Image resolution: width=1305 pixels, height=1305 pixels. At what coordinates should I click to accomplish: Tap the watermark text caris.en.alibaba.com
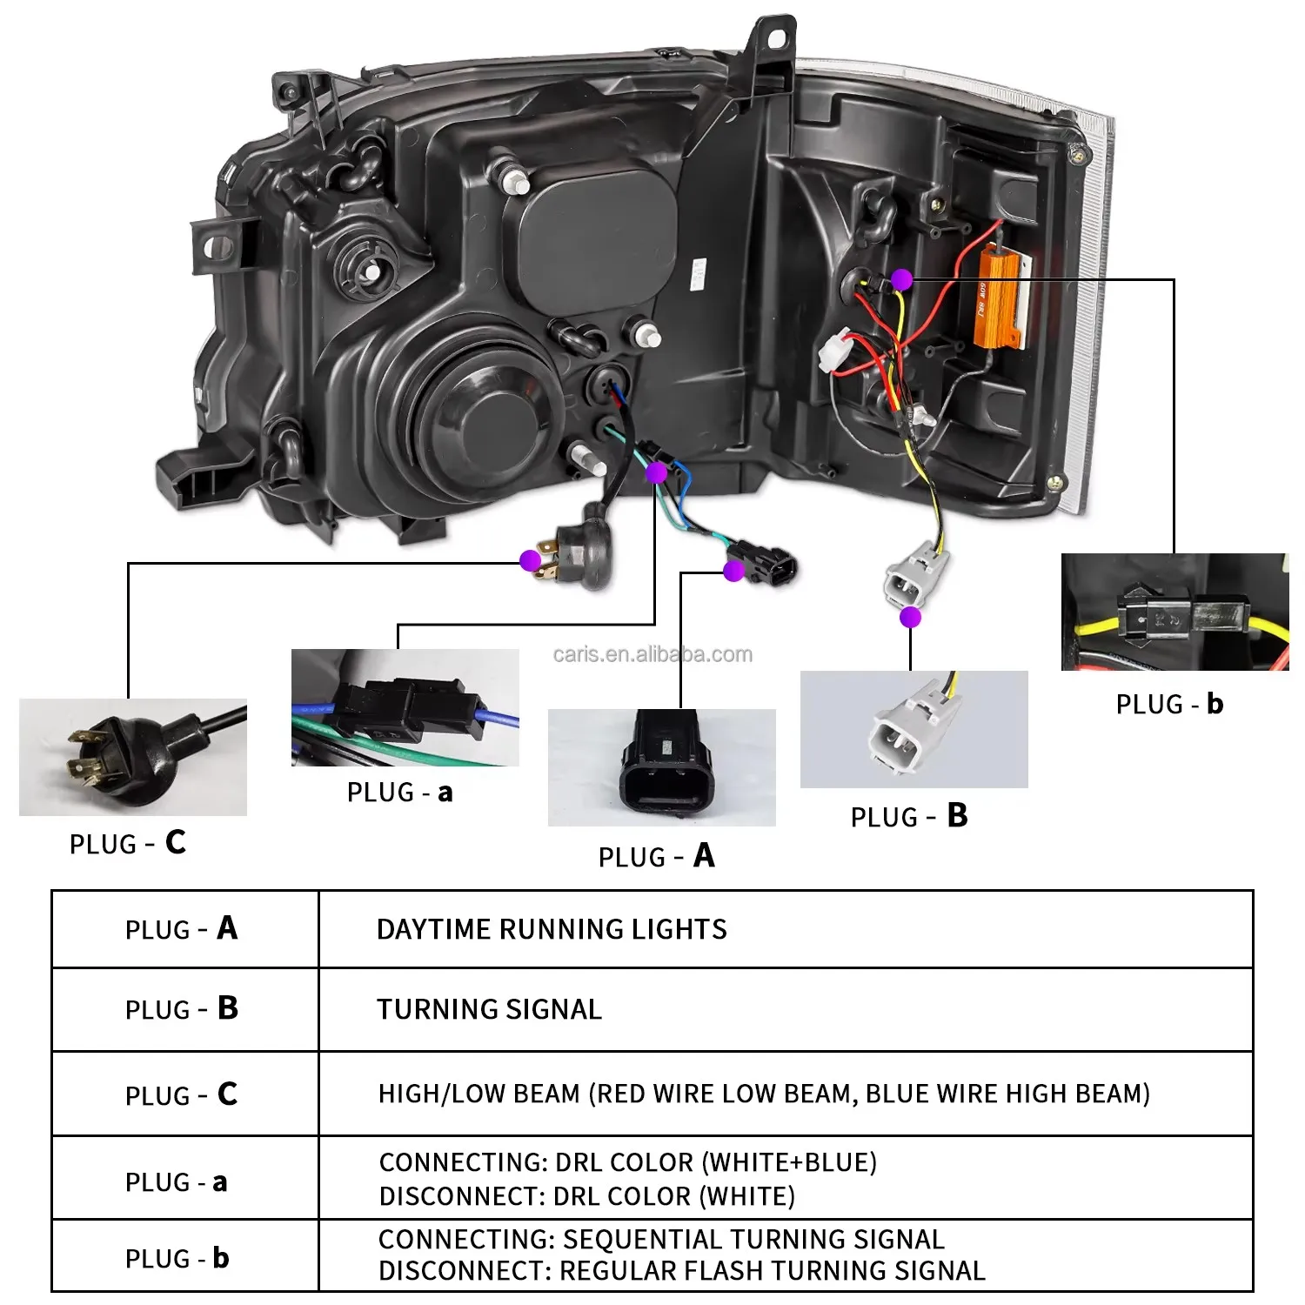click(x=652, y=654)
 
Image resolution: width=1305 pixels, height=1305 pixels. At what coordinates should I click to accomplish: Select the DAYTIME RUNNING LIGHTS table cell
click(x=552, y=929)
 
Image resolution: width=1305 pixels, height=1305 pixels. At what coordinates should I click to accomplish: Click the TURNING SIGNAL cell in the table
click(x=489, y=1009)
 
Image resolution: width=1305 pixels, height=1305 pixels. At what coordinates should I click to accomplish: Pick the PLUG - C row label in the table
click(x=181, y=1094)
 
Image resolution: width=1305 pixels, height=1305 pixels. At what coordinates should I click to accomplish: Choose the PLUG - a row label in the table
click(x=177, y=1182)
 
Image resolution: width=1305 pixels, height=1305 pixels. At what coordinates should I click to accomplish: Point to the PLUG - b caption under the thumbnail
click(x=1169, y=704)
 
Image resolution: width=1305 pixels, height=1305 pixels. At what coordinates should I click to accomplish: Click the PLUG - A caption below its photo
click(x=657, y=857)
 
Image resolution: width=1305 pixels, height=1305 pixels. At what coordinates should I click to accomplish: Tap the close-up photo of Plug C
click(x=133, y=757)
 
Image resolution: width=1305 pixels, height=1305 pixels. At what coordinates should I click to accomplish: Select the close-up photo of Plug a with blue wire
click(x=405, y=707)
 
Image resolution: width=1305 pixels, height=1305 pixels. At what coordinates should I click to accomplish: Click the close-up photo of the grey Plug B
click(x=913, y=729)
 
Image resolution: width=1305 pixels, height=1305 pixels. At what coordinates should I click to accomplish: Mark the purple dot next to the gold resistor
click(x=902, y=279)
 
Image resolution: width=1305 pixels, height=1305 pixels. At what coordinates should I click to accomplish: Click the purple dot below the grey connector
click(x=910, y=617)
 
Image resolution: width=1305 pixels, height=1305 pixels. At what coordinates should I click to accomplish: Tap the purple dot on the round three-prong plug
click(x=530, y=560)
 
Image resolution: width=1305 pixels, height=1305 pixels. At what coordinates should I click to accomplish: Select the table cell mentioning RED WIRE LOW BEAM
click(x=764, y=1094)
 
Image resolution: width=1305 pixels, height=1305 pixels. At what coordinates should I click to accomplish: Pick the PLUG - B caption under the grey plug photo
click(x=909, y=817)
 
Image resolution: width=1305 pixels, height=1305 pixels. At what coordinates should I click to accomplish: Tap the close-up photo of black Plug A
click(x=662, y=767)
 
